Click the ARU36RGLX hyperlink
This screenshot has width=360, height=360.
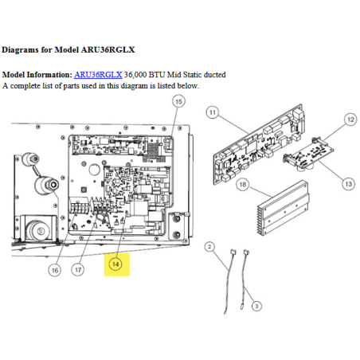tap(98, 75)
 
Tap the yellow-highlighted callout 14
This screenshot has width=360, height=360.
tap(115, 264)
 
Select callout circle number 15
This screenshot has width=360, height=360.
tap(178, 101)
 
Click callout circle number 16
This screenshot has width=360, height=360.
tap(55, 270)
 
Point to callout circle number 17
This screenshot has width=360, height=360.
tap(78, 270)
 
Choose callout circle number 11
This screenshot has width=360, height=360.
tap(213, 112)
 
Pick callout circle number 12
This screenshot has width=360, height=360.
tap(350, 119)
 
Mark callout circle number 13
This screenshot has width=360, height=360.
tap(349, 184)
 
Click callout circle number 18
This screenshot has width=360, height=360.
tap(243, 185)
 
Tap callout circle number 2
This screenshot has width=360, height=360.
tap(209, 247)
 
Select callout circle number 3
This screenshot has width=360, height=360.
tap(256, 306)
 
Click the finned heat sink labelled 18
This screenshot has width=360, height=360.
tap(283, 208)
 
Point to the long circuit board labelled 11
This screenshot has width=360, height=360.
tap(259, 144)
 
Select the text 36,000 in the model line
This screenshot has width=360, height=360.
tap(135, 75)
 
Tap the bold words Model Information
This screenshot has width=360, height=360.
tap(37, 75)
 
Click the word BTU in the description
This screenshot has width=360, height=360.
tap(157, 75)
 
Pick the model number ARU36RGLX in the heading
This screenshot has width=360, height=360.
tap(108, 49)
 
